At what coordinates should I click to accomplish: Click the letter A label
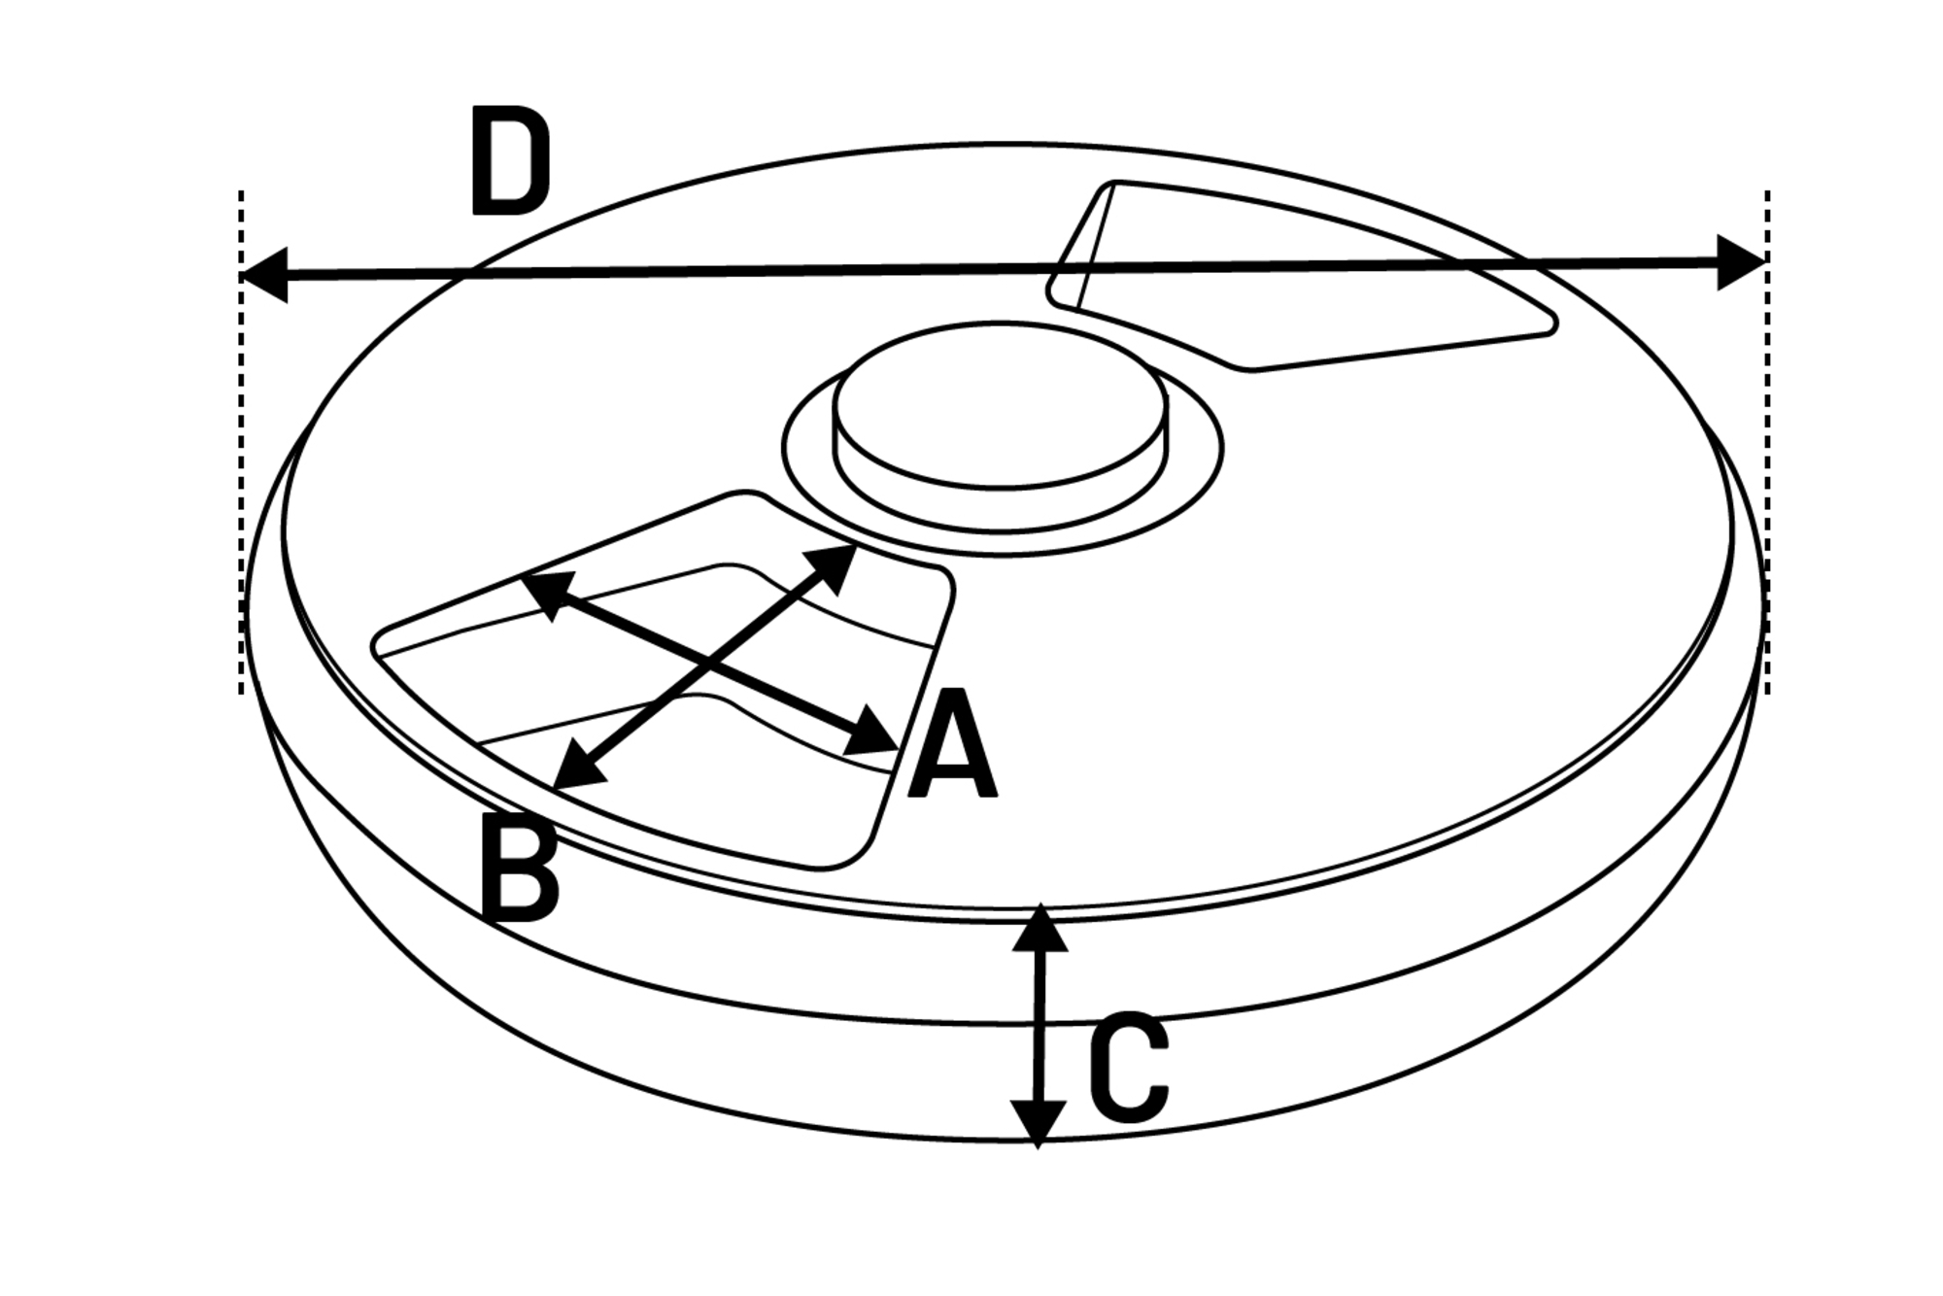click(x=952, y=743)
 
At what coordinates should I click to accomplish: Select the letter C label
click(x=1129, y=1067)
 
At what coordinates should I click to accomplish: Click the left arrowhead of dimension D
click(x=263, y=275)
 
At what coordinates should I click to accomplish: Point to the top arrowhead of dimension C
click(x=1040, y=928)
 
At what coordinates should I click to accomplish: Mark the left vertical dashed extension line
click(x=241, y=442)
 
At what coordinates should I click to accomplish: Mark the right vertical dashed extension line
click(x=1767, y=442)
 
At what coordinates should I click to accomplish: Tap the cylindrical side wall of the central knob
click(x=1001, y=505)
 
